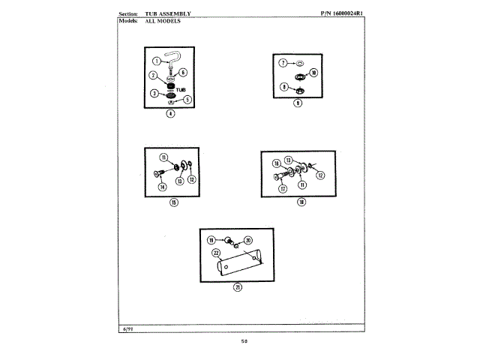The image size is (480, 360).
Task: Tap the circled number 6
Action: pyautogui.click(x=183, y=72)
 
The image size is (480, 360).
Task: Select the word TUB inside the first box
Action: pyautogui.click(x=181, y=88)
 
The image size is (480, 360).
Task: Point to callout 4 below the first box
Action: pyautogui.click(x=170, y=114)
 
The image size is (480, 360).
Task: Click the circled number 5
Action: pyautogui.click(x=187, y=98)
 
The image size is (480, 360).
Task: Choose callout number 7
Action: pyautogui.click(x=283, y=64)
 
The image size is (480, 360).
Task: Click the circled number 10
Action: pyautogui.click(x=314, y=73)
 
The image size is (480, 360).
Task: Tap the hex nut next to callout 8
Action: pyautogui.click(x=298, y=87)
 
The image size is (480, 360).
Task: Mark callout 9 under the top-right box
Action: pyautogui.click(x=297, y=103)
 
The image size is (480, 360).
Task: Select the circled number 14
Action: pyautogui.click(x=162, y=187)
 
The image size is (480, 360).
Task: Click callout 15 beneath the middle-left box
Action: pyautogui.click(x=172, y=202)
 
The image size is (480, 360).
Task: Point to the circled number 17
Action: pyautogui.click(x=283, y=189)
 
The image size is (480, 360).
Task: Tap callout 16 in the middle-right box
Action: pyautogui.click(x=276, y=163)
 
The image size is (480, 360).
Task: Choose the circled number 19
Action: pyautogui.click(x=211, y=240)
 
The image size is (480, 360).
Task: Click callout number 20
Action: pyautogui.click(x=248, y=240)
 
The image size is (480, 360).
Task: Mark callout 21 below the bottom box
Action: pyautogui.click(x=237, y=287)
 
